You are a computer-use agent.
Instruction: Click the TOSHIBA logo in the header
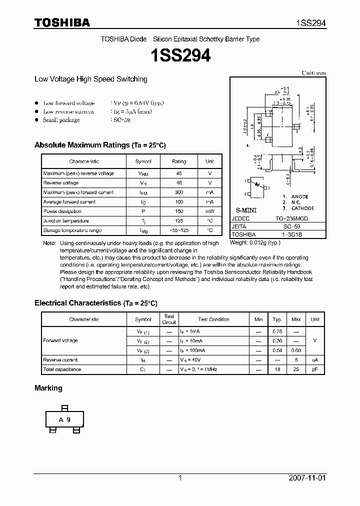tap(62, 23)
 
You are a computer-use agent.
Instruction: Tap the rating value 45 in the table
tap(179, 173)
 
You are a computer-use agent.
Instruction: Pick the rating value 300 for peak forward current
tap(179, 192)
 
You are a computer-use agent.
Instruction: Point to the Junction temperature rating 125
tap(179, 221)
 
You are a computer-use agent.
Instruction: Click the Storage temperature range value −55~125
tap(179, 230)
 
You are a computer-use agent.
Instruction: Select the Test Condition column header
tap(213, 319)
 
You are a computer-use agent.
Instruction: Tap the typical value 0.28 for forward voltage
tap(276, 331)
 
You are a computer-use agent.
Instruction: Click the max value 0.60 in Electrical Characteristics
tap(296, 350)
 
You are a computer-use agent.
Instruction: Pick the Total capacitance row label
tap(62, 369)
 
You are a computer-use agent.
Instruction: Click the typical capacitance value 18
tap(276, 369)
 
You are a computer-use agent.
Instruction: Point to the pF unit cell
tap(314, 369)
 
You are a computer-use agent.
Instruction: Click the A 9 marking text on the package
tap(64, 420)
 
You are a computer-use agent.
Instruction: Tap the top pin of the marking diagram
tap(64, 408)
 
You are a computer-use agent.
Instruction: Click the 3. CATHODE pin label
tap(298, 208)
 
